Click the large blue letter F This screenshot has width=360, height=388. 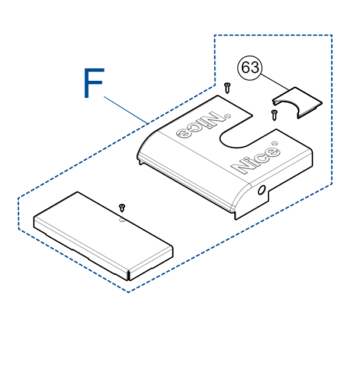(93, 83)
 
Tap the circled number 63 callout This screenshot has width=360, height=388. (250, 68)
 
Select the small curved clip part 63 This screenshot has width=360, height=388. (297, 103)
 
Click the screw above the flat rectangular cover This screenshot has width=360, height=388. (122, 208)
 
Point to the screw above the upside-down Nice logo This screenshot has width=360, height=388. (227, 88)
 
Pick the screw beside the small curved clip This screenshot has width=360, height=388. (274, 115)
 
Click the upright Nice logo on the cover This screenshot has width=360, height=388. (256, 160)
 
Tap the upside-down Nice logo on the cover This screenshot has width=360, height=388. (201, 125)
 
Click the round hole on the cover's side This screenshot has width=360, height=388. (261, 190)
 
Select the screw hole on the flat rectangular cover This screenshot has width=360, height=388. (122, 220)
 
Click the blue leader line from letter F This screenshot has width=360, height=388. (126, 110)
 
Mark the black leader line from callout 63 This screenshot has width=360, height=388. (274, 82)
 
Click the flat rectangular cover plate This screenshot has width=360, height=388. (103, 236)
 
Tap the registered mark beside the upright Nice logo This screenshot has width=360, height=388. (274, 143)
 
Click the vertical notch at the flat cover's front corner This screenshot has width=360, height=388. (129, 275)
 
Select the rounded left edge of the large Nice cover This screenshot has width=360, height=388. (148, 144)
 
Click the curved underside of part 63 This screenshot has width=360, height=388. (287, 105)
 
